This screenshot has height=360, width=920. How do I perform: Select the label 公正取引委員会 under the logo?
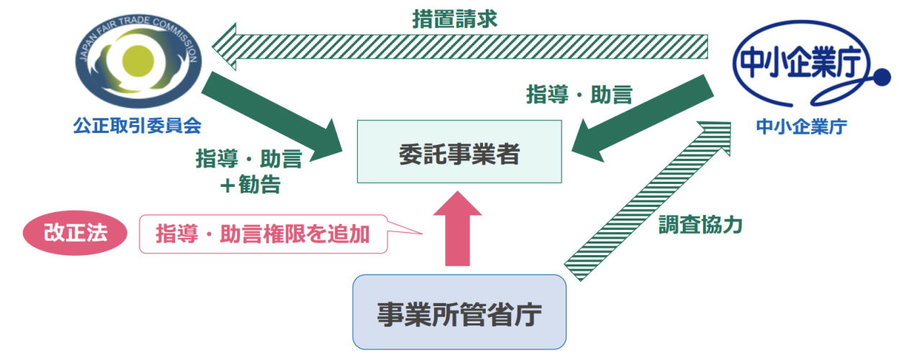(137, 126)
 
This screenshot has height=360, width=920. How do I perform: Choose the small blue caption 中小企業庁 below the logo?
(801, 127)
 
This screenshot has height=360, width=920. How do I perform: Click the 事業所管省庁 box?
(459, 312)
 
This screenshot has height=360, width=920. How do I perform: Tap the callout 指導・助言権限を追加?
(263, 234)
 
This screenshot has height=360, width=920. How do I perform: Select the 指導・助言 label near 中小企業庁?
(579, 94)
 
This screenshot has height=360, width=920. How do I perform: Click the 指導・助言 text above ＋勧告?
(249, 158)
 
